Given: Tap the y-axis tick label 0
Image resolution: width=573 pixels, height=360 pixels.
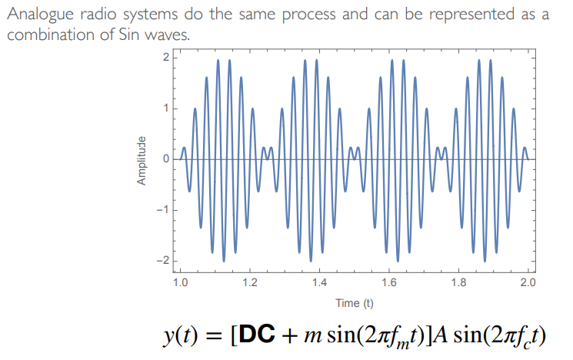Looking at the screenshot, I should tap(165, 159).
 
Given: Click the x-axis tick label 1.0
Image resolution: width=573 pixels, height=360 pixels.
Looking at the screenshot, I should tap(180, 282).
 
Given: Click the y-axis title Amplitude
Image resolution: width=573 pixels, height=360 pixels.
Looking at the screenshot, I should tap(142, 160).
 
